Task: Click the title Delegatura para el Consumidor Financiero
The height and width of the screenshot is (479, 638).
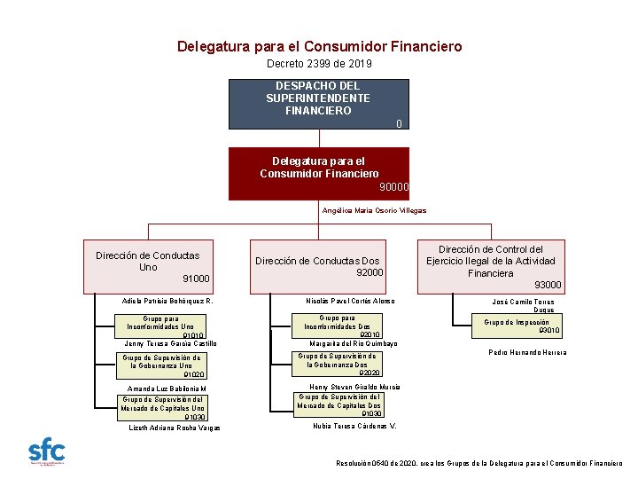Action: [319, 46]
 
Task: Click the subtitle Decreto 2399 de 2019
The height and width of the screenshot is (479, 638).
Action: [319, 65]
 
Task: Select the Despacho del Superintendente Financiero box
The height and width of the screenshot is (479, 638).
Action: [319, 104]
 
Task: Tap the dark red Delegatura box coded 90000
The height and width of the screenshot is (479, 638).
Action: [319, 173]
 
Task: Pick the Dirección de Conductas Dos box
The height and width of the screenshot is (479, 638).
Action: [319, 266]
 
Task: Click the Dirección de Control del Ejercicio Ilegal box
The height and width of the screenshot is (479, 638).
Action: [491, 266]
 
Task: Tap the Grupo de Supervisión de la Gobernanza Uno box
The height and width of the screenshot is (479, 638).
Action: [163, 365]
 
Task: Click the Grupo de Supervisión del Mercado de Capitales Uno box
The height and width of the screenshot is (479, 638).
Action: [163, 407]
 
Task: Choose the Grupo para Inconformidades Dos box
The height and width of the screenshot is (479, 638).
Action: [338, 326]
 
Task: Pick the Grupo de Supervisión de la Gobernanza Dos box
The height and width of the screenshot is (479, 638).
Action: [338, 364]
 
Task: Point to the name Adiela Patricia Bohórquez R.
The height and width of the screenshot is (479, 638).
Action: [167, 302]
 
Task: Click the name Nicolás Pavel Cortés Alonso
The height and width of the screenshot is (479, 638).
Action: [350, 301]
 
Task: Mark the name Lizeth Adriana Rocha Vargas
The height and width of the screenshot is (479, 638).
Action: [175, 428]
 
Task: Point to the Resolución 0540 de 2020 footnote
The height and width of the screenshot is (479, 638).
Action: [479, 463]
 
